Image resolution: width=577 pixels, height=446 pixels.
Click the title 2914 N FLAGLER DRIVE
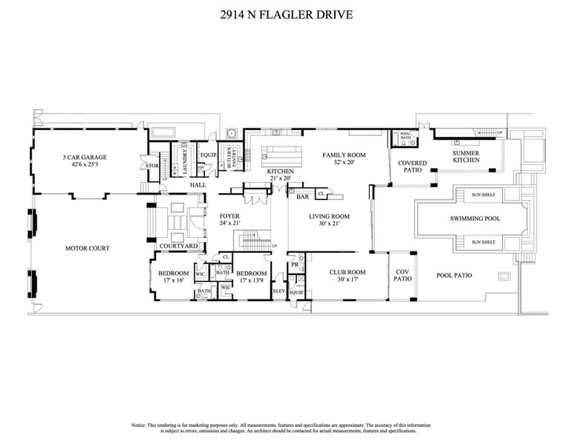point(287,14)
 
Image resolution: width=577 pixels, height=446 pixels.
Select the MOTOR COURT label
point(87,248)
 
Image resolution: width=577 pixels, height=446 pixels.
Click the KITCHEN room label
point(281,172)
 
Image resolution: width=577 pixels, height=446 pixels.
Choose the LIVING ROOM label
point(330,217)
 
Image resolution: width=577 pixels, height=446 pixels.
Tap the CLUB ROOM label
point(348,272)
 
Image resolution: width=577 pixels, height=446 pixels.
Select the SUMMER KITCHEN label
point(471,157)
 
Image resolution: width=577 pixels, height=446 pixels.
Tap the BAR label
point(302,197)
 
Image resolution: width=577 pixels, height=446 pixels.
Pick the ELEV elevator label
point(279,291)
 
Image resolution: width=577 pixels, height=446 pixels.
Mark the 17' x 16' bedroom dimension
point(172,281)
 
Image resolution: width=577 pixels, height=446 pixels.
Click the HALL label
point(198,184)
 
